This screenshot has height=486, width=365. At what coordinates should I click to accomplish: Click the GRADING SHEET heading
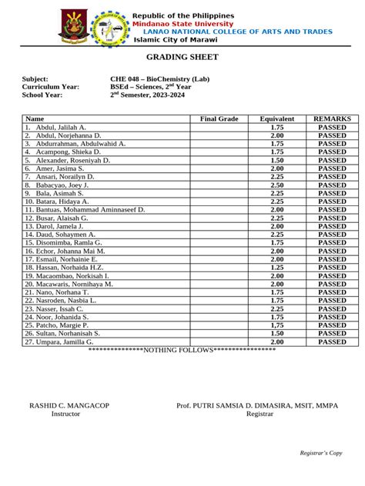(182, 58)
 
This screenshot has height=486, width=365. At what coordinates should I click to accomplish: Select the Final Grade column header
(219, 119)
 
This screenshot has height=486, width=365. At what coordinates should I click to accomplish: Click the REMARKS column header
(333, 119)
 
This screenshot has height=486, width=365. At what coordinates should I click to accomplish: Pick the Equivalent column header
(277, 119)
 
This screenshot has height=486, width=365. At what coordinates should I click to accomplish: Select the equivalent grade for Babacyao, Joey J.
(277, 185)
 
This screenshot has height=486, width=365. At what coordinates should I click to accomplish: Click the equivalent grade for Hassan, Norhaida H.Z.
(277, 268)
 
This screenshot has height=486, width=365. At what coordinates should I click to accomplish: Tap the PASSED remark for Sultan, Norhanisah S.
(333, 334)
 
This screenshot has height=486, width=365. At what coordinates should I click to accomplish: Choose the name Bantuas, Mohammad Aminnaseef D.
(85, 210)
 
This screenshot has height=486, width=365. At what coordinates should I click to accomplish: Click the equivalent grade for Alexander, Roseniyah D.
(277, 160)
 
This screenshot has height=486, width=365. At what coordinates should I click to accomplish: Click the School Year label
(42, 95)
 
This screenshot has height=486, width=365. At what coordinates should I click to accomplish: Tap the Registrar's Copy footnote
(321, 453)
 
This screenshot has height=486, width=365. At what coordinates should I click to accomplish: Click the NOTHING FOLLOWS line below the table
(182, 351)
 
